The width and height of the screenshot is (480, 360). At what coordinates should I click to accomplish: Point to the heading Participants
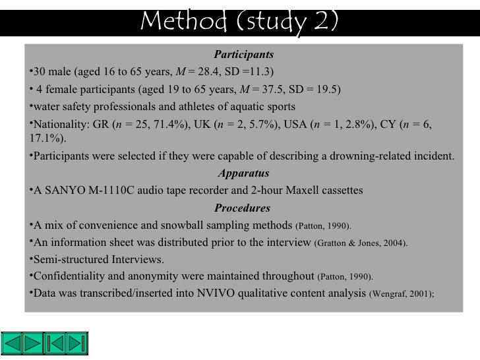pos(243,54)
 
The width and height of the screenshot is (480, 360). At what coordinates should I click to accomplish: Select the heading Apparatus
pos(243,174)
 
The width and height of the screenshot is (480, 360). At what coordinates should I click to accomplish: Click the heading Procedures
pos(243,208)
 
